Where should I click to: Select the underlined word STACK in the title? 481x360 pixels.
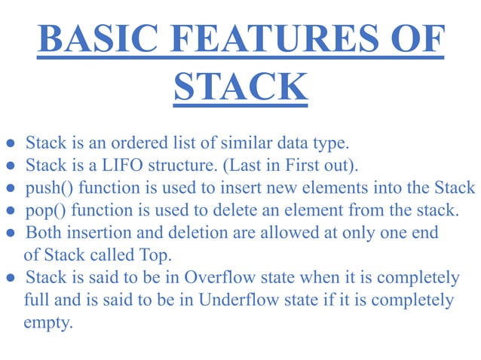(240, 87)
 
